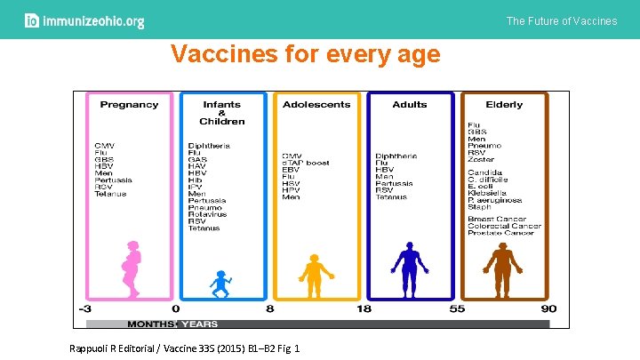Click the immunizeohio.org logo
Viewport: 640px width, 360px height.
84,21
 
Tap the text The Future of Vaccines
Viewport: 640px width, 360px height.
561,20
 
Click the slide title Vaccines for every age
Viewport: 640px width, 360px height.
305,55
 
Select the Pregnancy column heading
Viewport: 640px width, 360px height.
129,105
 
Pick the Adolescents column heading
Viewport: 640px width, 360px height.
316,105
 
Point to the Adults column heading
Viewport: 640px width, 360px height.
410,105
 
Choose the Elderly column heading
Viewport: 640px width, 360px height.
504,105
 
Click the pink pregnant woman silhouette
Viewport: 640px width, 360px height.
132,269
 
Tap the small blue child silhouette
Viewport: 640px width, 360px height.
220,284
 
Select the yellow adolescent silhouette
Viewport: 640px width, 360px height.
314,274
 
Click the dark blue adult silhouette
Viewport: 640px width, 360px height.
409,268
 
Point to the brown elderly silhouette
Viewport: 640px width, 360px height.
502,268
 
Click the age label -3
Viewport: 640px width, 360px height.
85,309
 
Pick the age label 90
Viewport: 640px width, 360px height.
548,309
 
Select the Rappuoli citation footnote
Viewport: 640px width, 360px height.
184,348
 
